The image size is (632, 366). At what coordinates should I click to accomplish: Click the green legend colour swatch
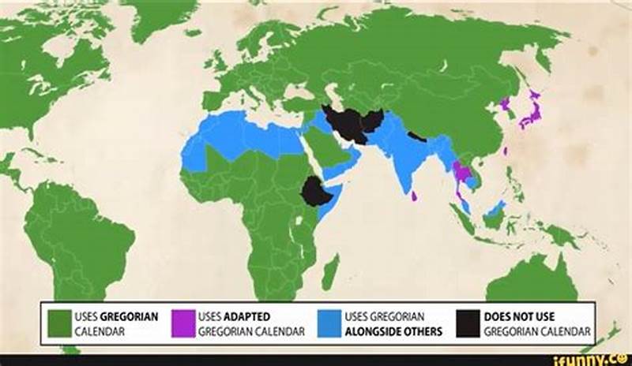(x=60, y=323)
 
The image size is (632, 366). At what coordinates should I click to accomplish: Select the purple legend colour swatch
(x=183, y=323)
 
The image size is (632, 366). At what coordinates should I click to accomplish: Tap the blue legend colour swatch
(x=329, y=323)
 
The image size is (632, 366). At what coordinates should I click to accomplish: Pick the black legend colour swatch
(x=468, y=323)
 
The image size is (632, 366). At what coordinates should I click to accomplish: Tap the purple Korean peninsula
(x=505, y=105)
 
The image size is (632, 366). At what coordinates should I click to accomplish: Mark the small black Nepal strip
(x=416, y=136)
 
